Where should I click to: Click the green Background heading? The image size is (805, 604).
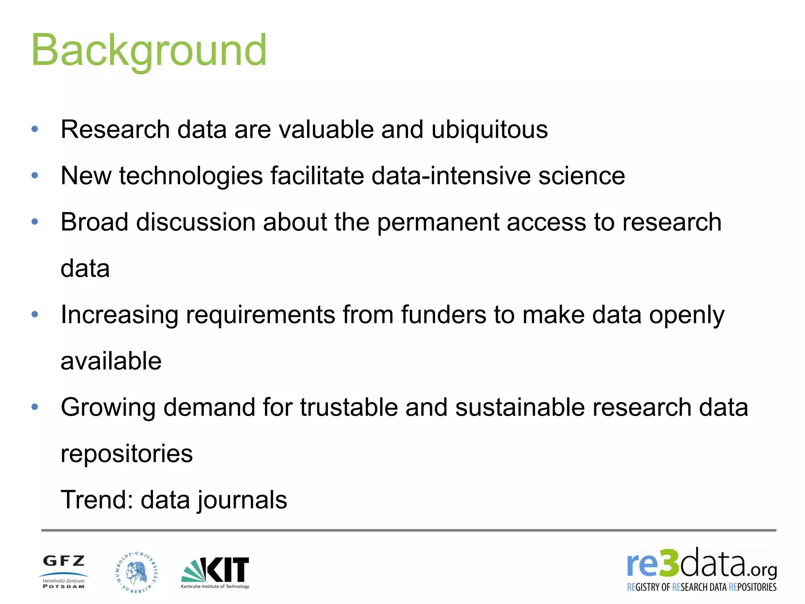(149, 50)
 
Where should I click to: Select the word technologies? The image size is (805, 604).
(191, 175)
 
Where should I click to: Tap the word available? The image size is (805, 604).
(111, 361)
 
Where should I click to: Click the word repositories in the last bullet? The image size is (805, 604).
(127, 453)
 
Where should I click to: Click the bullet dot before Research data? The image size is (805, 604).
(35, 129)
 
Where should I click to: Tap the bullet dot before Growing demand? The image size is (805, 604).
(35, 407)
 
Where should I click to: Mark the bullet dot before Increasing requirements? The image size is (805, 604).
(35, 314)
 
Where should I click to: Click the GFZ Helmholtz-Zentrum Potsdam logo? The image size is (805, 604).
(64, 571)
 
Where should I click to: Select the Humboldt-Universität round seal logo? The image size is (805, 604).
(136, 572)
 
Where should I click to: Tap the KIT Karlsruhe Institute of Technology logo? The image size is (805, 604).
(215, 572)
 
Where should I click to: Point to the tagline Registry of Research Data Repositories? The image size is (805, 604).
(702, 587)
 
